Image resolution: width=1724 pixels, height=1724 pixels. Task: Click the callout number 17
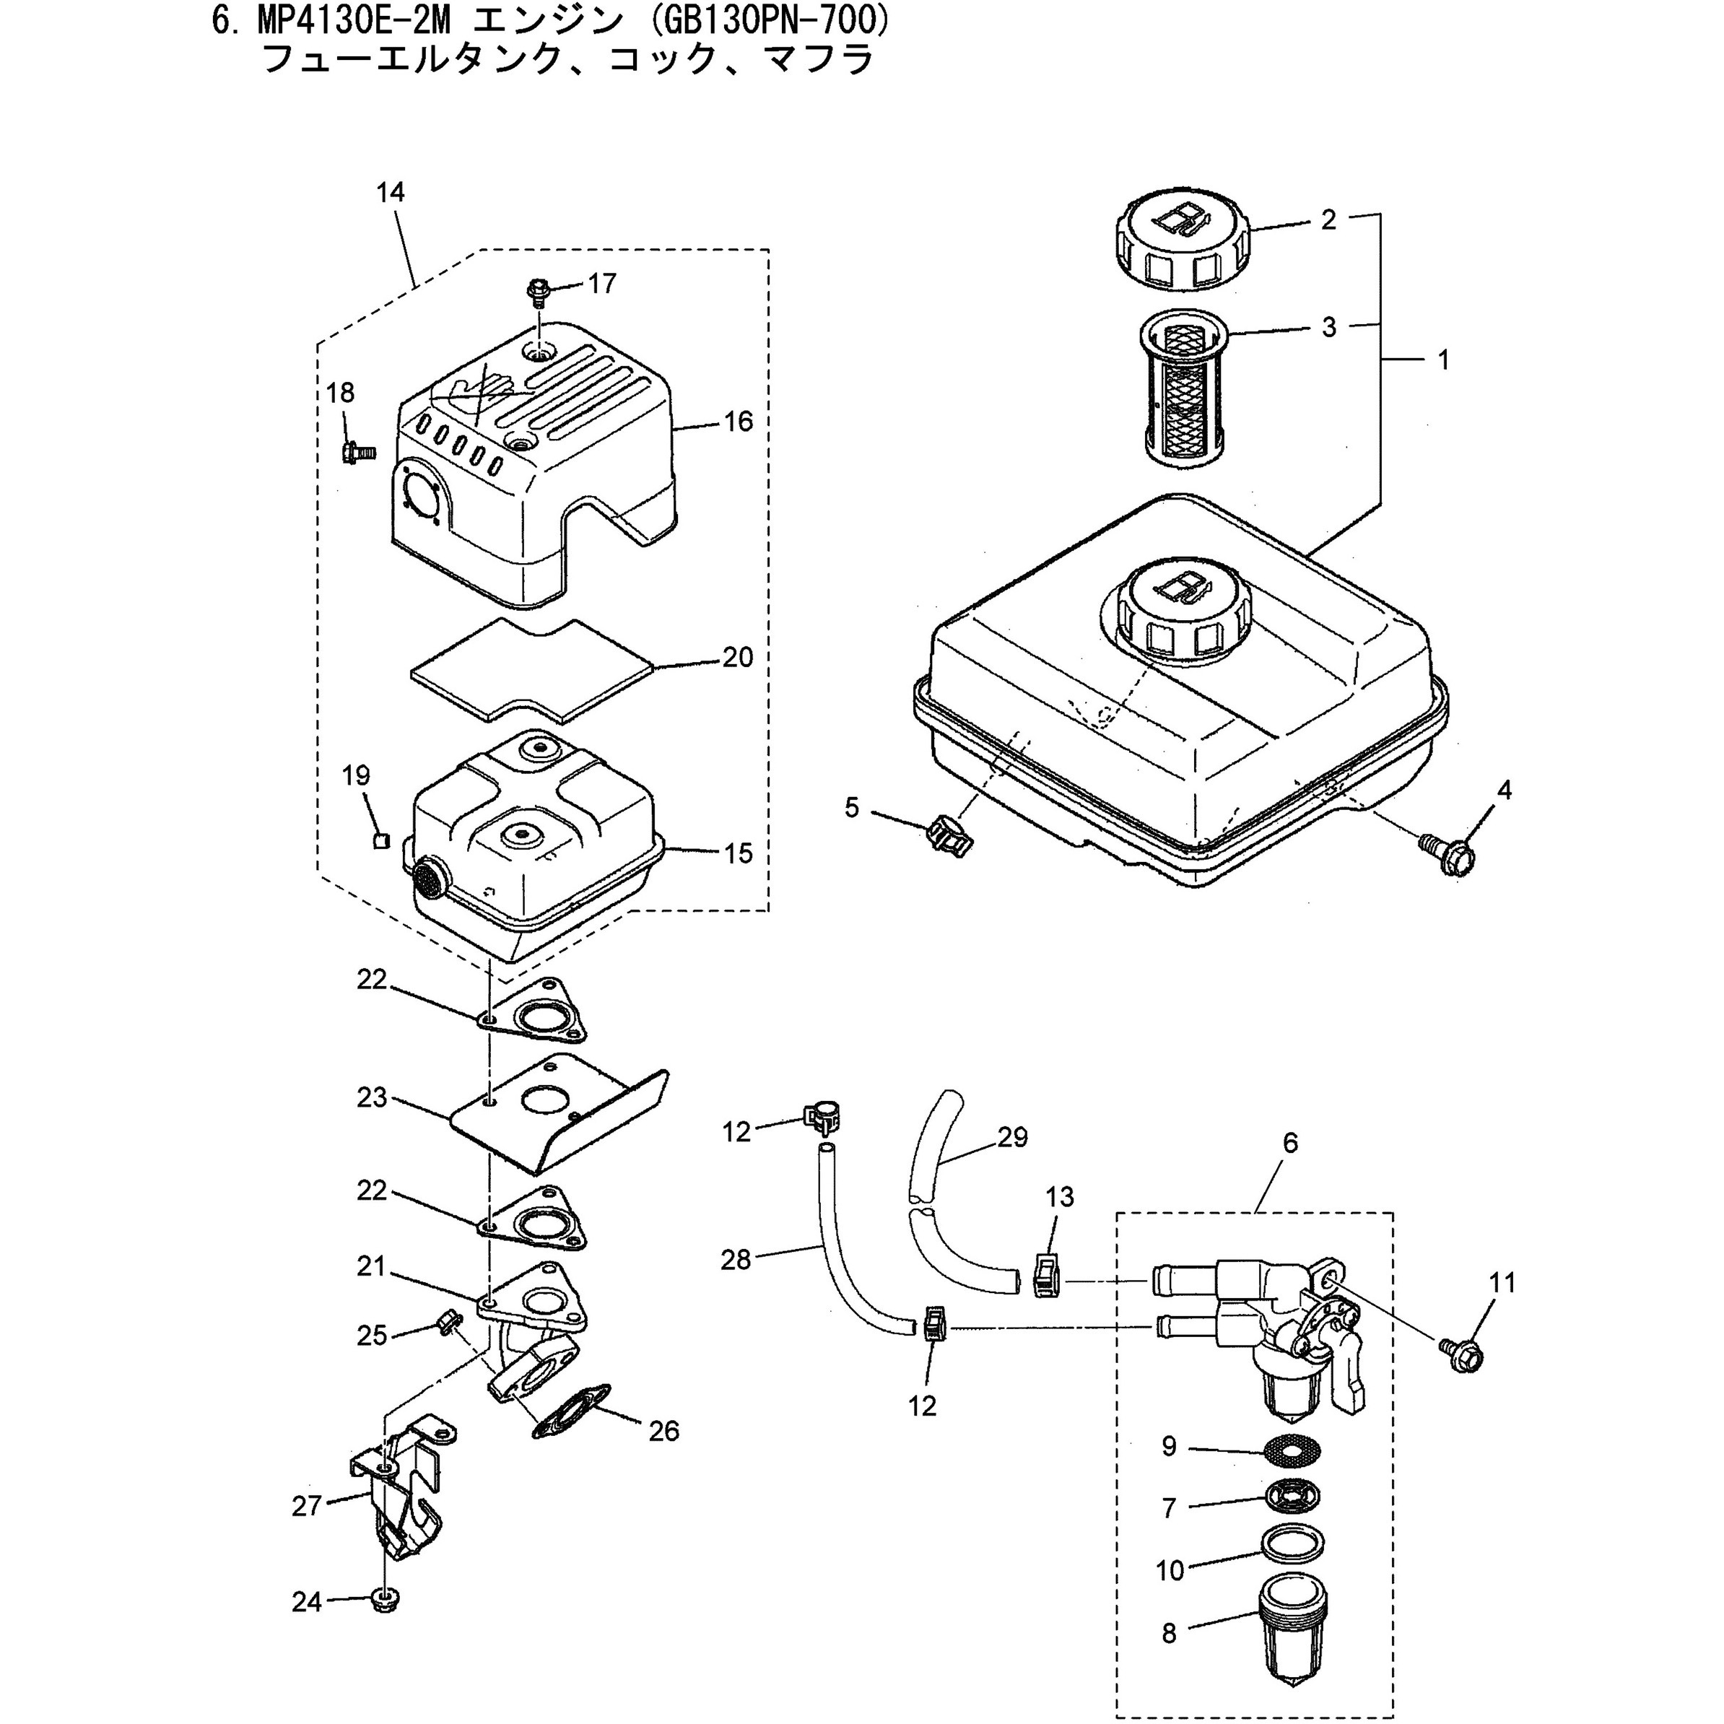point(602,283)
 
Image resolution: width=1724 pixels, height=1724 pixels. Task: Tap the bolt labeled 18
point(359,450)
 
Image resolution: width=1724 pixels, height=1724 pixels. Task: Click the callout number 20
point(738,657)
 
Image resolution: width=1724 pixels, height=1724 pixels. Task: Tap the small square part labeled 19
point(381,840)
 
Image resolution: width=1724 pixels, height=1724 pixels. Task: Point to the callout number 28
point(736,1260)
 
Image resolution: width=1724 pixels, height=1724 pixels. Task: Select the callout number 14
point(390,192)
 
